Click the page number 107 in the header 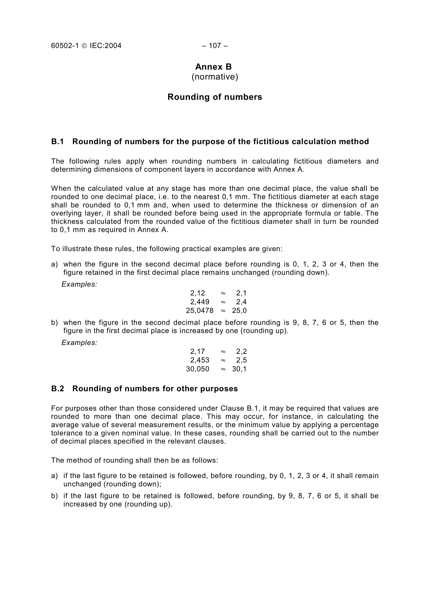click(x=215, y=46)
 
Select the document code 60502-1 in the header click(x=65, y=46)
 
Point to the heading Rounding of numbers click(x=215, y=97)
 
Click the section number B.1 click(x=58, y=142)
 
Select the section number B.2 click(x=58, y=389)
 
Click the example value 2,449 click(x=200, y=302)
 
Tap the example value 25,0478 click(x=200, y=311)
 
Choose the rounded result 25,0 click(x=239, y=311)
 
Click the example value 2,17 click(x=198, y=351)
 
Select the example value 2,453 click(x=200, y=360)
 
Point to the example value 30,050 click(x=198, y=369)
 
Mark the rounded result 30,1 click(x=239, y=369)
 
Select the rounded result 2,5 click(x=241, y=360)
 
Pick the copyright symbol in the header click(x=84, y=46)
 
